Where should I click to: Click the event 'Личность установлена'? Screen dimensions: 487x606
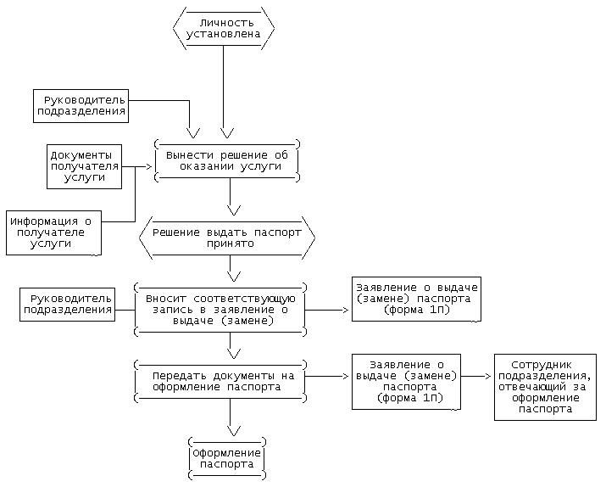tap(224, 28)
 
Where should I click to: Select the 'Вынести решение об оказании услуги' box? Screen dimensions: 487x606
tap(227, 160)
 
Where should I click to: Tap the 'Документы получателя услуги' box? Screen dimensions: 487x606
tap(82, 166)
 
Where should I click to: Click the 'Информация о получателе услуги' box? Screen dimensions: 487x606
tap(53, 232)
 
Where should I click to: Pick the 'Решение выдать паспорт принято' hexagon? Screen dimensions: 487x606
tap(227, 237)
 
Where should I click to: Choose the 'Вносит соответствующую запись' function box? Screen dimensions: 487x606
tap(220, 310)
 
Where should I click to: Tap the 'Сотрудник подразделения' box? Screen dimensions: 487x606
tap(545, 388)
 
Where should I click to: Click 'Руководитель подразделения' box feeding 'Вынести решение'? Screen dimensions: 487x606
tap(81, 105)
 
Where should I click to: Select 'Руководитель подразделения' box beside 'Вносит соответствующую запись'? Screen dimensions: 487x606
tap(68, 304)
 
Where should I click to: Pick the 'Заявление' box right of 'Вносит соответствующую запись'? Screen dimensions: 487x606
tap(415, 299)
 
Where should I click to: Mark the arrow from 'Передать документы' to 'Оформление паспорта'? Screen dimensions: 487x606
tap(230, 417)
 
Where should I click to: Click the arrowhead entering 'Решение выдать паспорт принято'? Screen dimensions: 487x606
tap(230, 210)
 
